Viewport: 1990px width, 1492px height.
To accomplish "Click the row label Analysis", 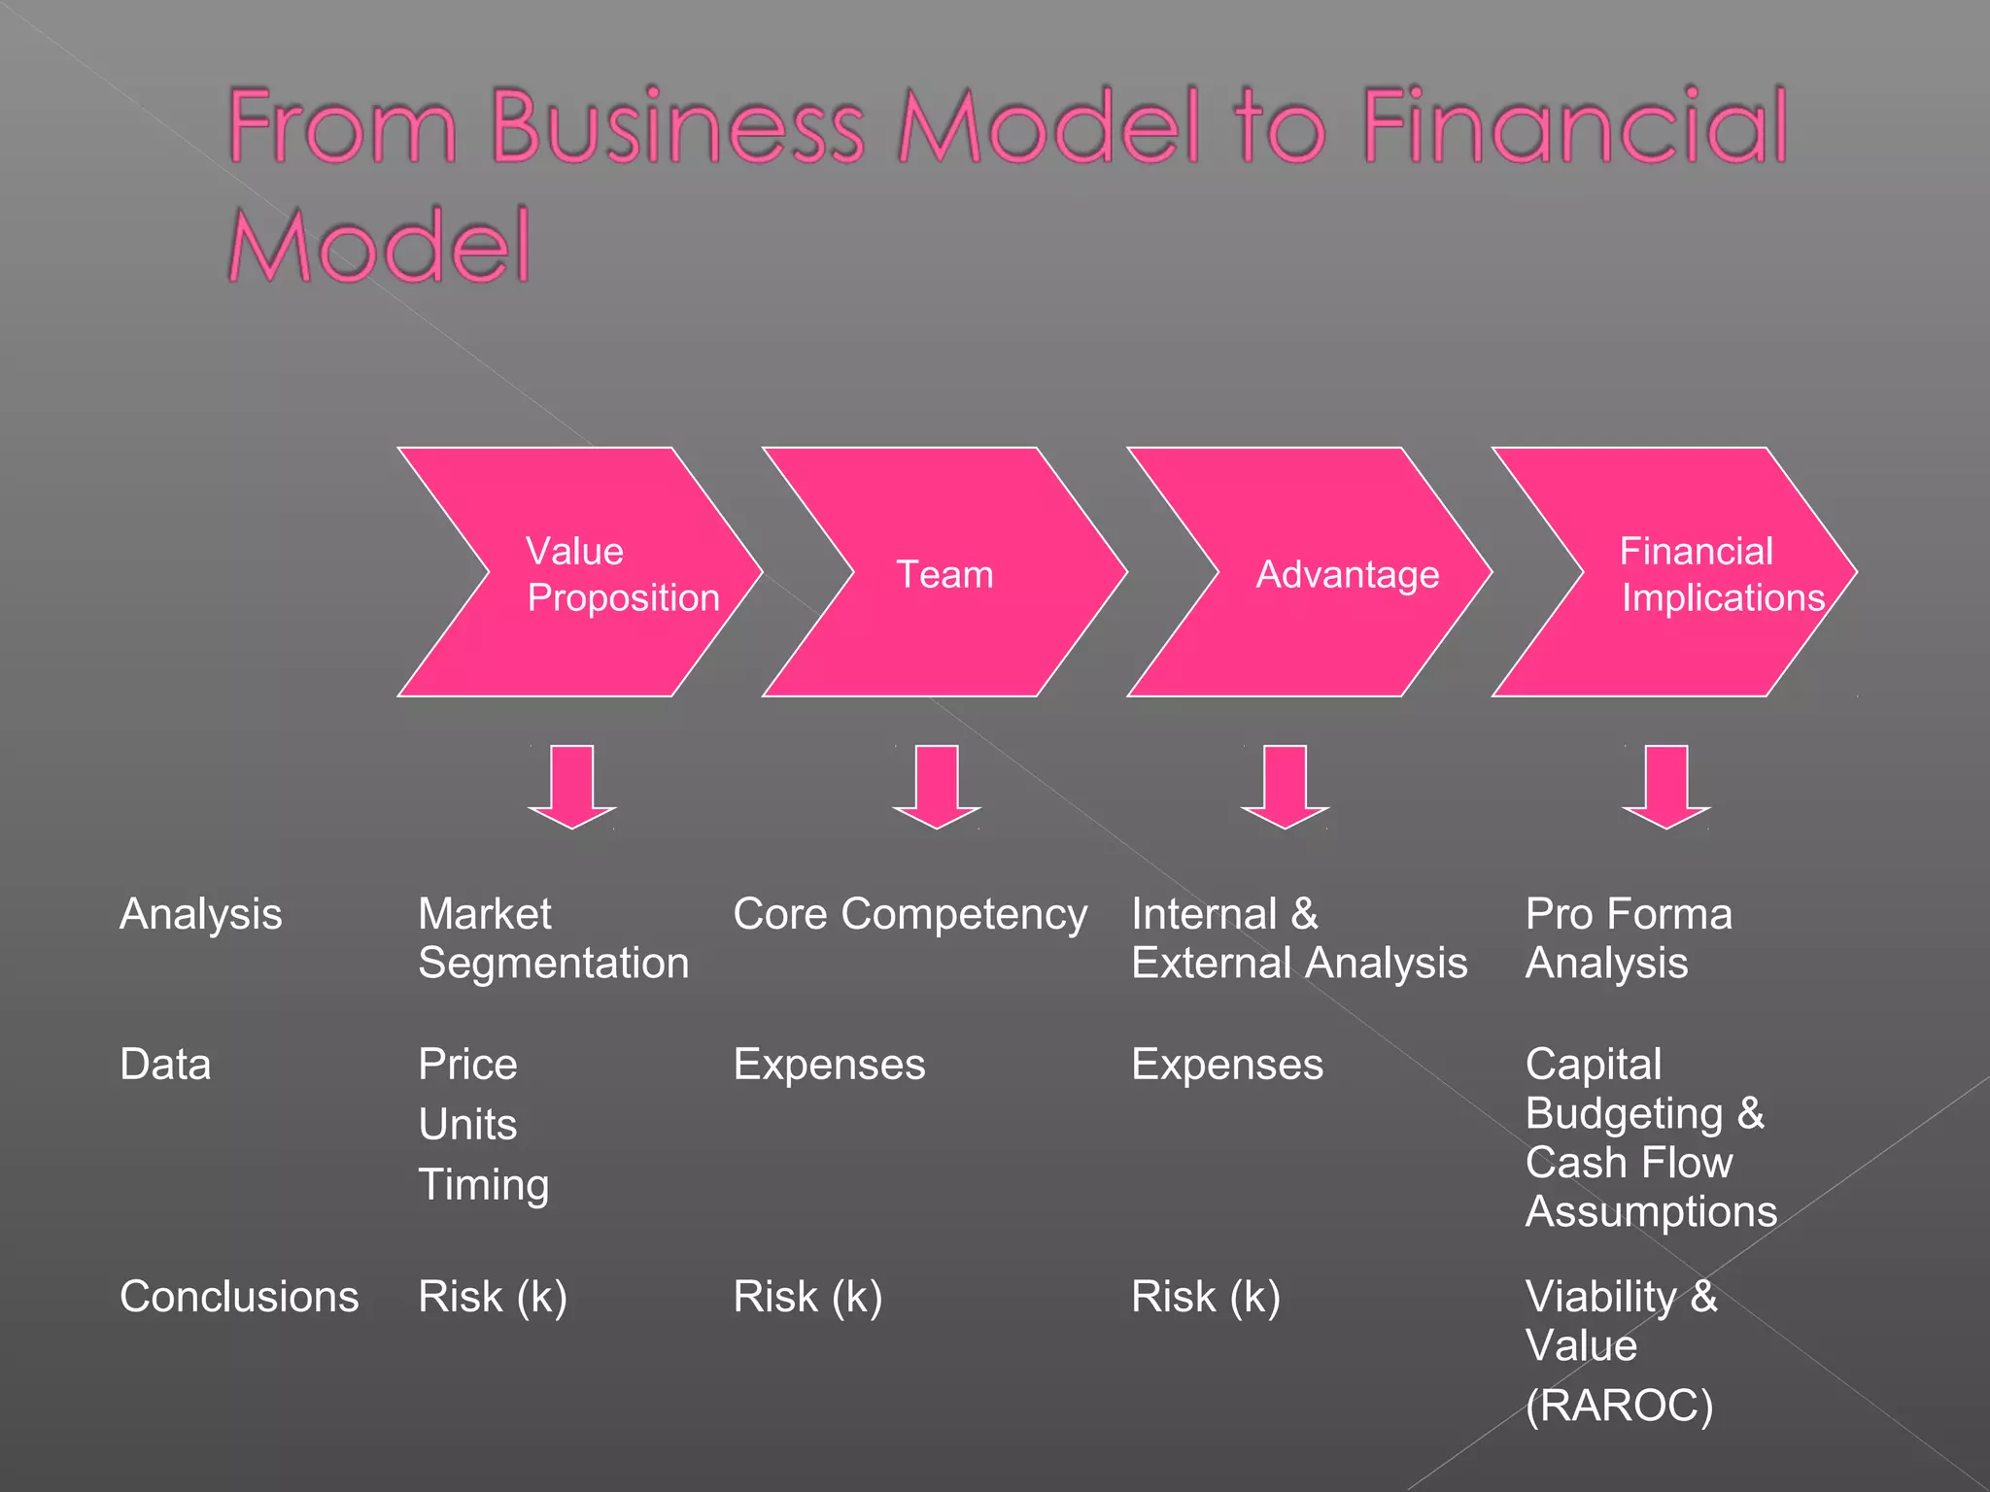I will (x=200, y=914).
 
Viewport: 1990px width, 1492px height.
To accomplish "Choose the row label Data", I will (x=165, y=1065).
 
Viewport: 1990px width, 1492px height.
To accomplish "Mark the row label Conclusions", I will (x=239, y=1297).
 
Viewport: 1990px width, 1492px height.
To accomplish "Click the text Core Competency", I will (x=909, y=914).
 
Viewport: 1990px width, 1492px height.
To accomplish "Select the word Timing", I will (x=483, y=1185).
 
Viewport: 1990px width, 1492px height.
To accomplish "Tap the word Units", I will (x=467, y=1125).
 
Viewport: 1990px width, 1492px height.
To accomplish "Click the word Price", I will (x=467, y=1065).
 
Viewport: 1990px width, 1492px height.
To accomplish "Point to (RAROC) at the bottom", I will (x=1619, y=1406).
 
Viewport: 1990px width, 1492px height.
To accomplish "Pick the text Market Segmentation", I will (x=553, y=938).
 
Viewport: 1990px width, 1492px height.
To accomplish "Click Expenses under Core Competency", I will (x=829, y=1065).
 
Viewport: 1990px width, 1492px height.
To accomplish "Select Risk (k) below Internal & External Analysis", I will (x=1205, y=1297).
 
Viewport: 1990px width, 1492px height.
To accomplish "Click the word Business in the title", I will (x=677, y=126).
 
